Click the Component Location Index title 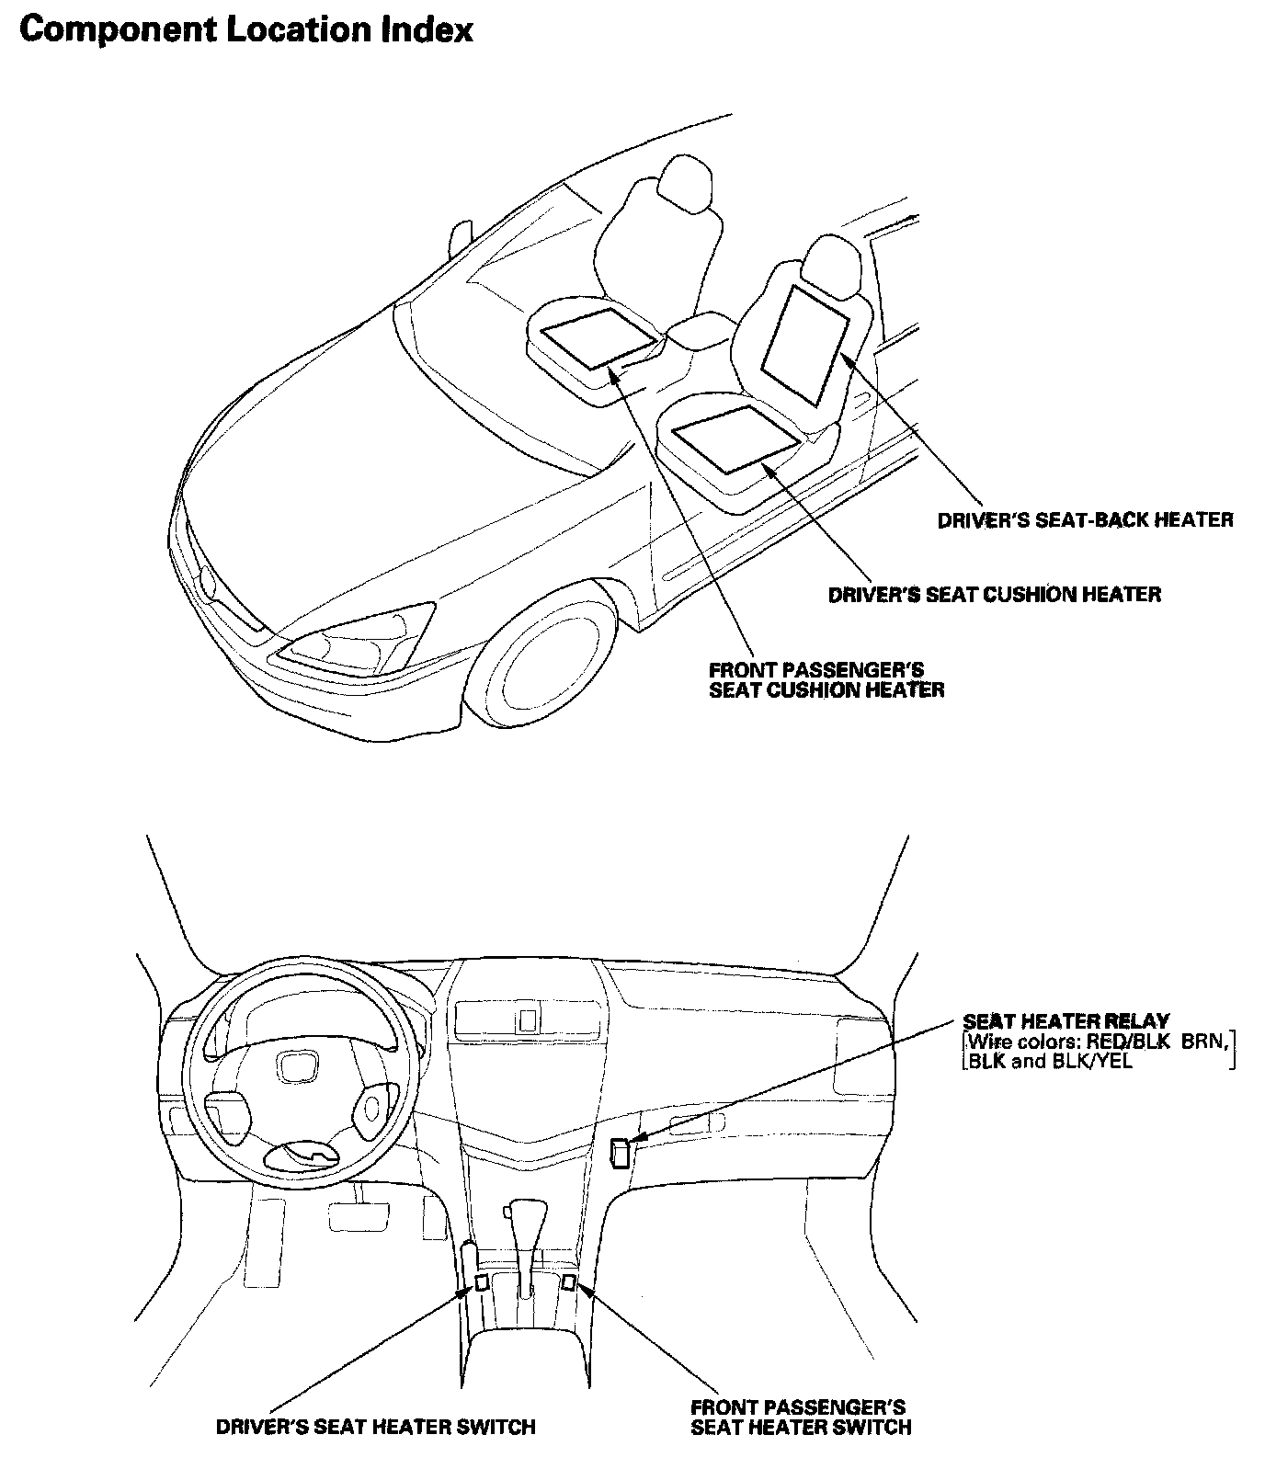coord(245,30)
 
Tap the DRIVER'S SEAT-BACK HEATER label coord(1085,520)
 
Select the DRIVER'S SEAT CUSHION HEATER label coord(994,595)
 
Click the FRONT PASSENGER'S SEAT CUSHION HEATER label coord(826,679)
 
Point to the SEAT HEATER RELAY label coord(1066,1021)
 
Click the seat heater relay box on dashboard coord(621,1152)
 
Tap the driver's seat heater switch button coord(481,1282)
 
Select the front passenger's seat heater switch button coord(569,1281)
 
